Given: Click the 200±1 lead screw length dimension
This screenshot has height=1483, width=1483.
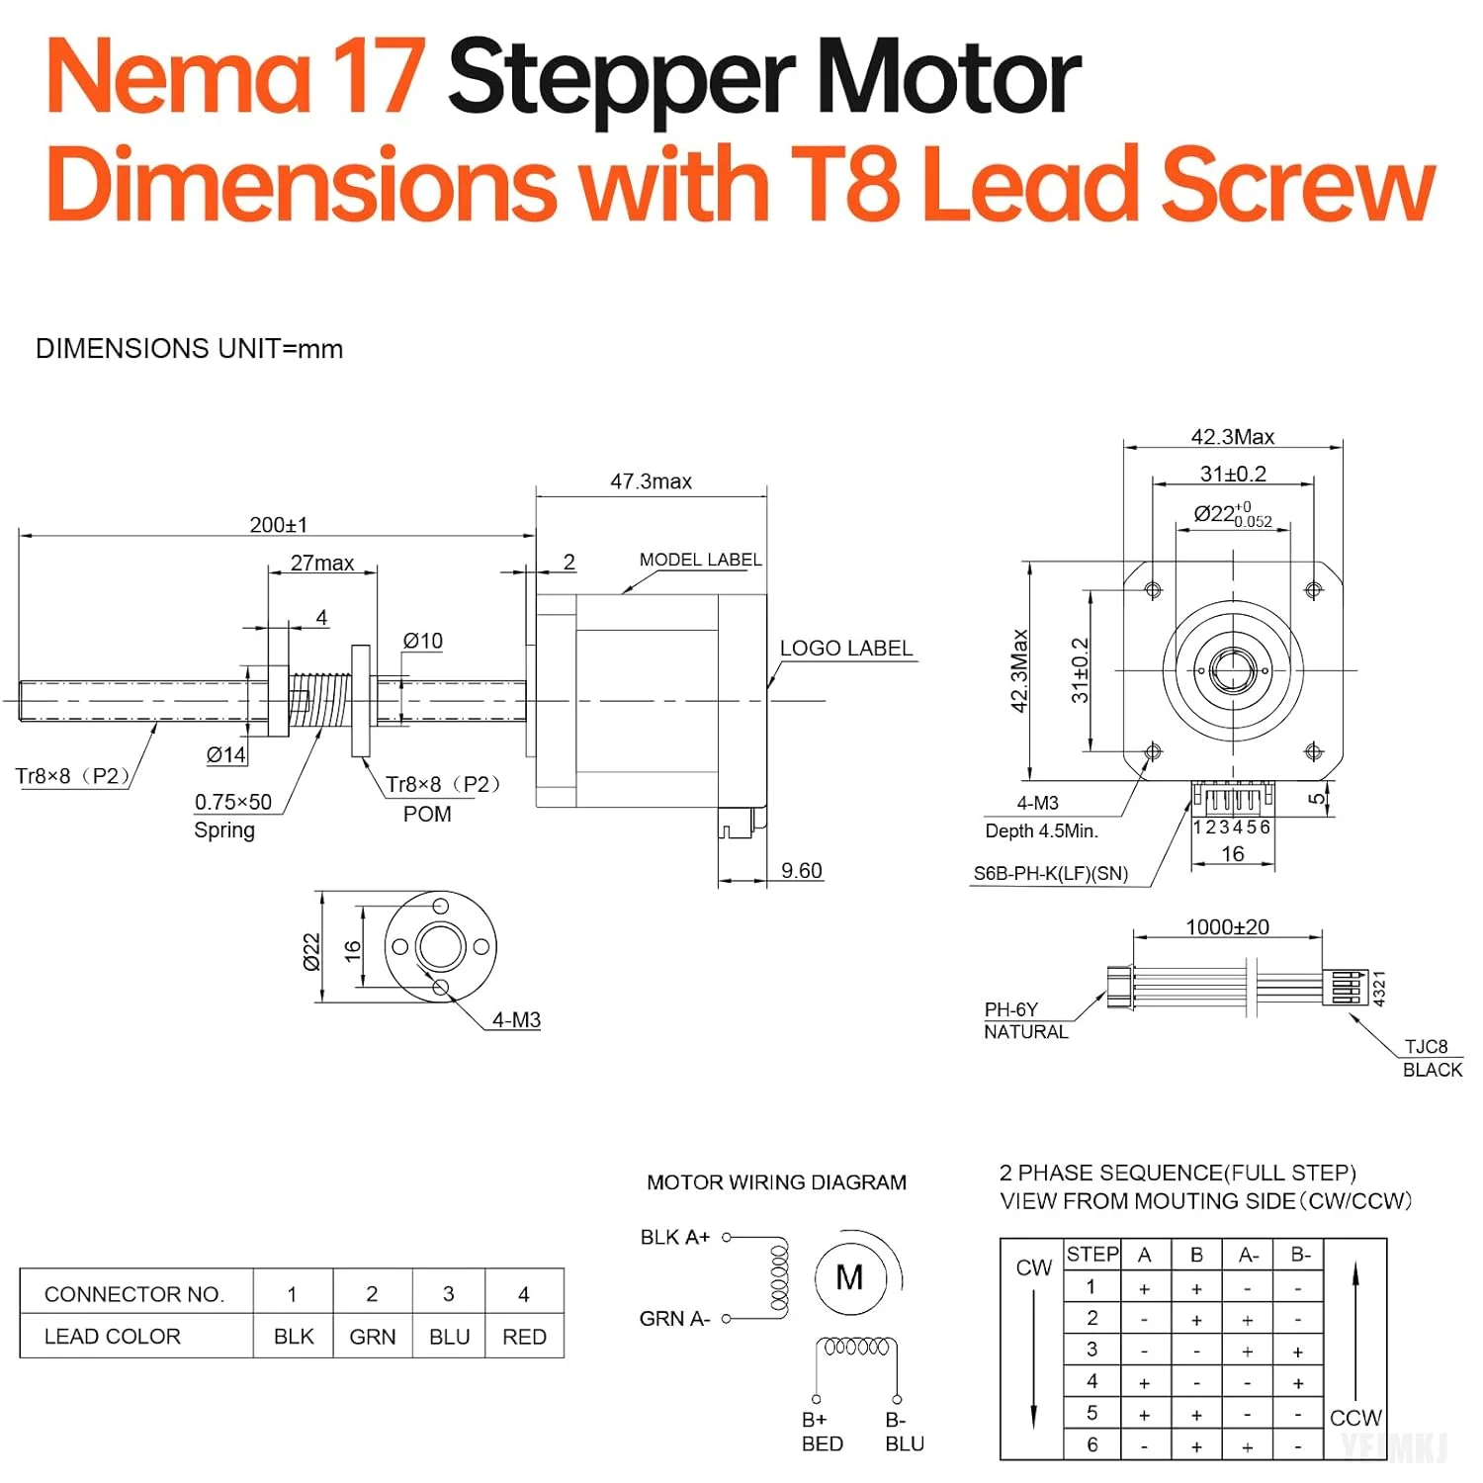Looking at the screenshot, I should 278,525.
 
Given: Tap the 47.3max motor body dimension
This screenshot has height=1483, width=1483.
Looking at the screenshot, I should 651,481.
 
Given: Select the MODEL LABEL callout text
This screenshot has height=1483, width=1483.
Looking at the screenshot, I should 700,560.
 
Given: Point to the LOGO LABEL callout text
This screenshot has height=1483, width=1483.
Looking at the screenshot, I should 845,649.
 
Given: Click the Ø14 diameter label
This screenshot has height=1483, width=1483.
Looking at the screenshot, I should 225,755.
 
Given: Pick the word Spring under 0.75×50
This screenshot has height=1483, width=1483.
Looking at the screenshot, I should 224,830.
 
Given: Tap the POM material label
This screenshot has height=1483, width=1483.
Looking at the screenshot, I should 427,815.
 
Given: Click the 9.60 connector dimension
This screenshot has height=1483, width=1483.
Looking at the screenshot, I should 801,871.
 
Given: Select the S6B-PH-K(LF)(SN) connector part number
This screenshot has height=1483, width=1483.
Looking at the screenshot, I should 1050,874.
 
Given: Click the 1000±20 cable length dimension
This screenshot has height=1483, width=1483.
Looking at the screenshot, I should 1227,927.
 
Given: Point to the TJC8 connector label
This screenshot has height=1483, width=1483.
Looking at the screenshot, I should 1426,1047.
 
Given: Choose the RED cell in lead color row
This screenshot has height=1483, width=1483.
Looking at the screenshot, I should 524,1337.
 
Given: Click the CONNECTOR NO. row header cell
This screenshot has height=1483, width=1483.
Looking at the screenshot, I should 134,1294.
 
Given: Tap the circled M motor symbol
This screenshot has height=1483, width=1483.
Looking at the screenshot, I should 849,1278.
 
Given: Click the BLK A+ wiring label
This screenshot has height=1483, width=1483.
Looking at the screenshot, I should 675,1238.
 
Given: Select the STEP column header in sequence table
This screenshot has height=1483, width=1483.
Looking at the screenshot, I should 1092,1255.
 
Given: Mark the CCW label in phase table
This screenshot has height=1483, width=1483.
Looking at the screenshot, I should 1355,1418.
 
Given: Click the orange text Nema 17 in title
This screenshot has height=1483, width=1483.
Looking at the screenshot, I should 235,77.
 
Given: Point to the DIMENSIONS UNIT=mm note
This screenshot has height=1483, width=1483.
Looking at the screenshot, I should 189,349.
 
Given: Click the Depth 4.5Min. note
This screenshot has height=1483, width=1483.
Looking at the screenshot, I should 1041,831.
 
